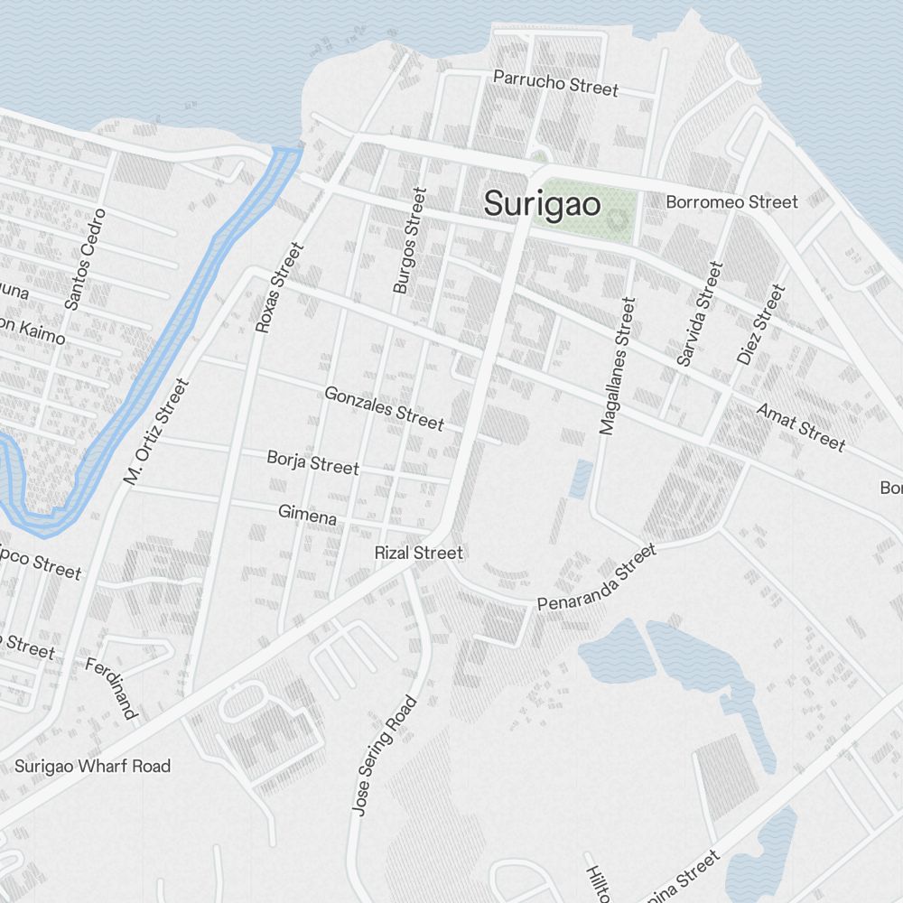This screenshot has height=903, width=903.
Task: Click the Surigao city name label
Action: [542, 204]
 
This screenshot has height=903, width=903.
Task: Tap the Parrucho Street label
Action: [555, 83]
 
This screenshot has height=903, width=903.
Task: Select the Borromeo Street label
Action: [731, 202]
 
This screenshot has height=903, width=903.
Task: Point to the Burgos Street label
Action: [408, 240]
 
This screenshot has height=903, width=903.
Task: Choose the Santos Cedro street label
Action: [86, 260]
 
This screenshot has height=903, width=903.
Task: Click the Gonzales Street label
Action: [384, 407]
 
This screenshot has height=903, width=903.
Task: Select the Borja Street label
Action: [312, 462]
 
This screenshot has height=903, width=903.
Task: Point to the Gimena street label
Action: [307, 515]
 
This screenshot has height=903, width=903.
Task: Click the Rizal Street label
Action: [419, 553]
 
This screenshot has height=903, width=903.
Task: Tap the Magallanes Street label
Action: [618, 366]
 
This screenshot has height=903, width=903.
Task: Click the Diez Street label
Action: [761, 325]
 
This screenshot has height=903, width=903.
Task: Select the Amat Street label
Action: [801, 426]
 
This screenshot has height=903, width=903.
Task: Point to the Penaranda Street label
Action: [596, 578]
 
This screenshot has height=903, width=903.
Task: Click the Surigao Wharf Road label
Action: [92, 767]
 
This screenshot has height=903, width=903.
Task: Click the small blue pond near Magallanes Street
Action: [582, 479]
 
